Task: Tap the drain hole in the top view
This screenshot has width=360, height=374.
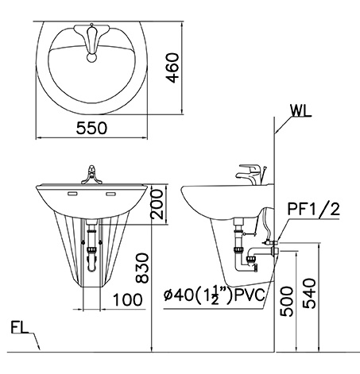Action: (x=92, y=57)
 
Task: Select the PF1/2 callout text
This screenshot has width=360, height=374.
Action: (x=315, y=210)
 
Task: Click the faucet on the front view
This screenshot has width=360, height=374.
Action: (x=92, y=175)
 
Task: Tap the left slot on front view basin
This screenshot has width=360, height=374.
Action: (x=72, y=193)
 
